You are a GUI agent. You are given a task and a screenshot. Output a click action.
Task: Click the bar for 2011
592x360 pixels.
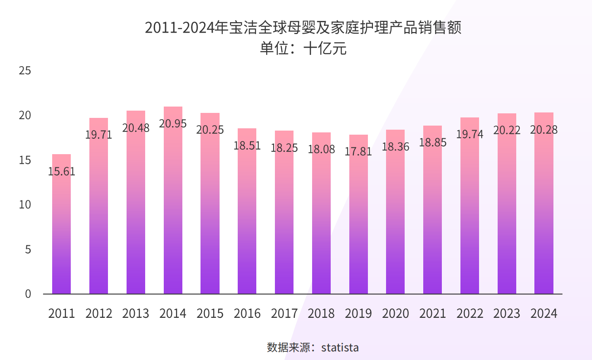[x=62, y=227]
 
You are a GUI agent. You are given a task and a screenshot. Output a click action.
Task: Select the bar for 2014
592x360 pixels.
[x=173, y=204]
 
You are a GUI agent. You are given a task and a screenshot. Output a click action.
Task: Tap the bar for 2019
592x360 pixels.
[x=358, y=218]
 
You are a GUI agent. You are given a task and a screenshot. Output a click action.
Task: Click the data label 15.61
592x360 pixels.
[x=62, y=171]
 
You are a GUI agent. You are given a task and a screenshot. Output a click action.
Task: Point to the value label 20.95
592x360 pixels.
[x=173, y=123]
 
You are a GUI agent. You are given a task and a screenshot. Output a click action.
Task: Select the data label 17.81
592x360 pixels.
[x=358, y=151]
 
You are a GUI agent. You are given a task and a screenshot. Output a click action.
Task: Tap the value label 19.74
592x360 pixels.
[x=470, y=134]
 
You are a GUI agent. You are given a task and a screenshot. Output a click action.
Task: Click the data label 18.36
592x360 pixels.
[x=396, y=146]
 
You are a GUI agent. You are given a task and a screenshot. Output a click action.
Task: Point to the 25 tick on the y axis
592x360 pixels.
[x=25, y=71]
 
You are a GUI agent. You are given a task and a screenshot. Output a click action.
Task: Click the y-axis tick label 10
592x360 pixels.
[x=25, y=205]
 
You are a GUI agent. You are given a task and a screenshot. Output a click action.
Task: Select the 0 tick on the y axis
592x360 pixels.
[x=28, y=294]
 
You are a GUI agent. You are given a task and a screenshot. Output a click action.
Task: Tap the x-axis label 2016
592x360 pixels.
[x=247, y=313]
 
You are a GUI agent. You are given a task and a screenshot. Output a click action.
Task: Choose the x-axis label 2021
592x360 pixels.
[x=433, y=313]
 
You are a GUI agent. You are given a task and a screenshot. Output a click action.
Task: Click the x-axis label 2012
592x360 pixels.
[x=99, y=313]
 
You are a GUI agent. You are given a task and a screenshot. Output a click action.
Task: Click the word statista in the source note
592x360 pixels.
[x=340, y=348]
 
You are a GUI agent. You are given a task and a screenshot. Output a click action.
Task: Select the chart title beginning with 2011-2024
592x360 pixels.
[x=303, y=28]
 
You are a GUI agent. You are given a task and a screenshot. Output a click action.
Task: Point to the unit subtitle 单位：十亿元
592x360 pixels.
[x=303, y=48]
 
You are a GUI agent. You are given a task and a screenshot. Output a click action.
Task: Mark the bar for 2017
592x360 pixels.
[x=284, y=213]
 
